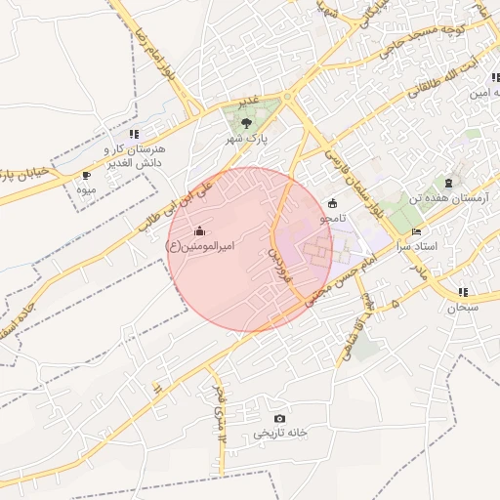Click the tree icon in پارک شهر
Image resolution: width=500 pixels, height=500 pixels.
tap(245, 123)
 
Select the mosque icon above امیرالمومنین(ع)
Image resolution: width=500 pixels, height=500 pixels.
tap(200, 230)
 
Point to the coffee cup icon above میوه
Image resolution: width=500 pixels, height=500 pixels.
tap(87, 176)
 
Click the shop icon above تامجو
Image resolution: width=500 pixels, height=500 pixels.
tap(334, 203)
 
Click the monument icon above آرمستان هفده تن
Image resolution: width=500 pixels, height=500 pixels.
tap(449, 183)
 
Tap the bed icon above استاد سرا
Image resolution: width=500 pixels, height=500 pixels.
tap(417, 231)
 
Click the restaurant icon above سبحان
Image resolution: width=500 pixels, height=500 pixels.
tap(462, 291)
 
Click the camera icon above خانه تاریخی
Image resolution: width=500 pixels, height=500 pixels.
tap(280, 418)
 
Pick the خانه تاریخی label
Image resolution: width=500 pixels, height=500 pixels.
tap(280, 433)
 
